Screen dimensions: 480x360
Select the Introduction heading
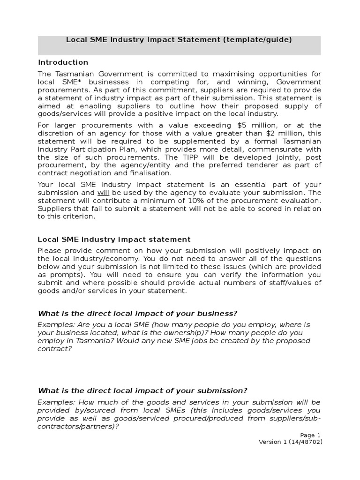point(63,62)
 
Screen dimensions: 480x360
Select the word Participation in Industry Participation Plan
point(88,149)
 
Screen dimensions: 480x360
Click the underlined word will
point(103,193)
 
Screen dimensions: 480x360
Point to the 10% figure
point(207,201)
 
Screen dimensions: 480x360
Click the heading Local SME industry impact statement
point(114,239)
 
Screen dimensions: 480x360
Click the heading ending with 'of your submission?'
point(142,390)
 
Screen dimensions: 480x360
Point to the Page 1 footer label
point(310,435)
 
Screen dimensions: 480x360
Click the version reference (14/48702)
point(305,442)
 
